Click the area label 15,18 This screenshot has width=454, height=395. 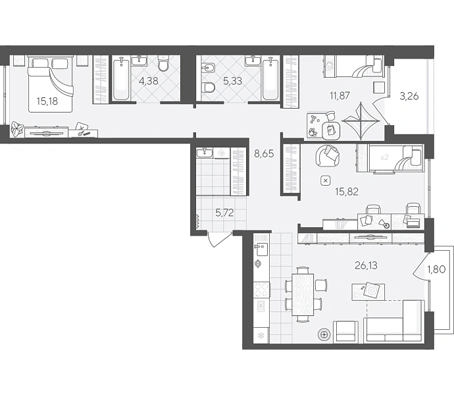(47, 101)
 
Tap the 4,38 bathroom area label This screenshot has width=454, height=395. (149, 81)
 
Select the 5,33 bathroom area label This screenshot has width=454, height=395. (232, 81)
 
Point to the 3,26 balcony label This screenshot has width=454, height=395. (409, 96)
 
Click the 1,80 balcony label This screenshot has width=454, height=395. (436, 269)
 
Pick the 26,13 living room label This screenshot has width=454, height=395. (366, 265)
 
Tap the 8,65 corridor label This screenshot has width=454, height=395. (264, 153)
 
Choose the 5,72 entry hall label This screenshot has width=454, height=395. (224, 213)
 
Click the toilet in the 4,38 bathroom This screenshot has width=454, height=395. (163, 63)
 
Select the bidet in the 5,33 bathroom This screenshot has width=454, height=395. (208, 68)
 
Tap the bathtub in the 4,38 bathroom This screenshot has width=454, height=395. (120, 79)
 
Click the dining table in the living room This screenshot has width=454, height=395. (303, 294)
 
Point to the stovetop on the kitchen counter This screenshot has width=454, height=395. (261, 290)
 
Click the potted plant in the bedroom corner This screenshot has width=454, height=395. (17, 128)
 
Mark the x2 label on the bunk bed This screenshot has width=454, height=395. (384, 157)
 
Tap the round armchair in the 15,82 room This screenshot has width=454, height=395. (328, 156)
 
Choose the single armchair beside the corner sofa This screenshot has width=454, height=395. (344, 332)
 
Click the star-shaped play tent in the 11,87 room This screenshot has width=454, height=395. (361, 121)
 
